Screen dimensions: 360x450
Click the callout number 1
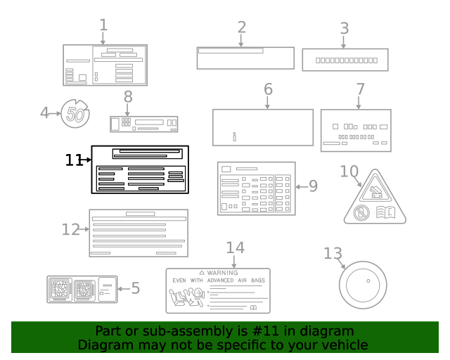pos(103,26)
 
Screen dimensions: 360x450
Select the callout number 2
pos(241,27)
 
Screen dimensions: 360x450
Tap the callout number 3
pos(344,29)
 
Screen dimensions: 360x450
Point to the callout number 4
pos(45,112)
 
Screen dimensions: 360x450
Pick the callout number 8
pos(128,96)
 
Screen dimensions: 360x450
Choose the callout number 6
pos(268,89)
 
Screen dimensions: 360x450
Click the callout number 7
pos(360,89)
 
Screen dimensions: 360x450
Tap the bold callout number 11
pos(74,160)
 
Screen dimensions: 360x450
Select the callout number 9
pos(313,186)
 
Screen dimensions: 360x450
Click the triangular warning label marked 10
pos(375,200)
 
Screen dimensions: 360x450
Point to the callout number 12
pos(71,229)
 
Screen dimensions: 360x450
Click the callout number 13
pos(333,253)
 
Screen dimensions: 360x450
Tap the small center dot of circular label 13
pos(368,280)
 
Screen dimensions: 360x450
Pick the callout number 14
pos(235,247)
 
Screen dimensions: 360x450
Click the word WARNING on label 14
pos(222,273)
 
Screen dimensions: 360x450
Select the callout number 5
pos(135,288)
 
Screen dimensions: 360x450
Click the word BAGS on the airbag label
pos(257,280)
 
